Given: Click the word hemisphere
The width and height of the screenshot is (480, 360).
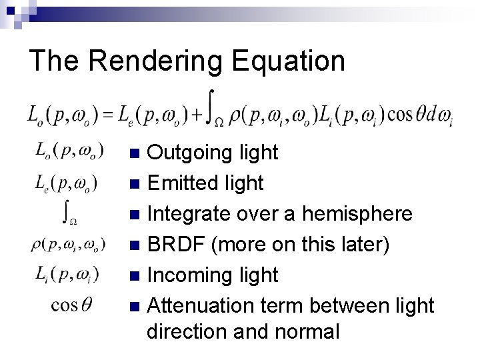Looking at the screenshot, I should pos(357,213).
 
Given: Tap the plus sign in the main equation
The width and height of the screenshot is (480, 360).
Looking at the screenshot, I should pos(197,115).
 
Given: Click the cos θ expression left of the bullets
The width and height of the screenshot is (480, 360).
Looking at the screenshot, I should pos(72,305).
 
